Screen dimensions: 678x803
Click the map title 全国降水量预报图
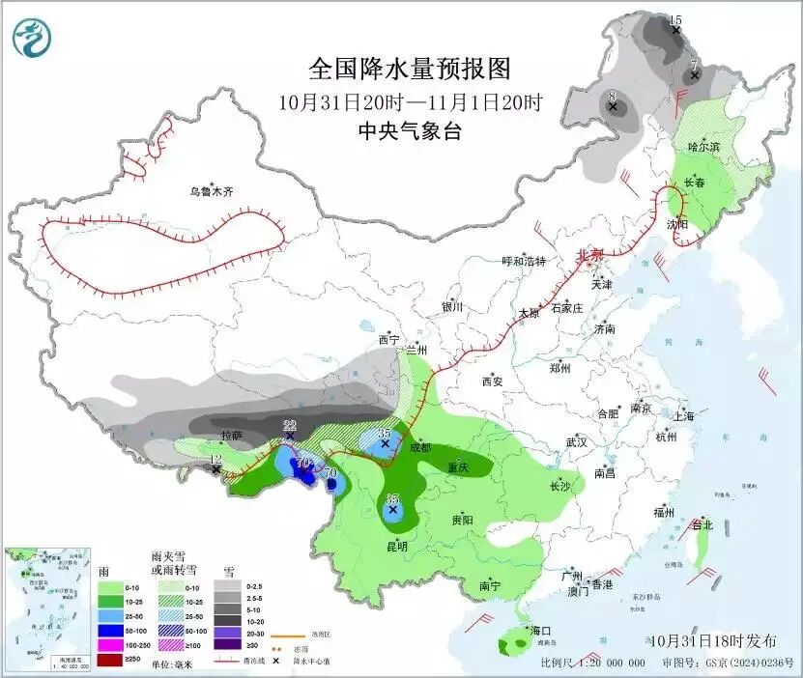click(x=409, y=70)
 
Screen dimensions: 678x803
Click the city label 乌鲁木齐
click(x=211, y=192)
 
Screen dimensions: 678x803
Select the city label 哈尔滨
click(x=703, y=146)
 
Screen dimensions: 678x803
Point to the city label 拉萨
click(x=232, y=436)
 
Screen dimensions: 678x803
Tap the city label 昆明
click(x=396, y=546)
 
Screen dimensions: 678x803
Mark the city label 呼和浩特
click(x=524, y=261)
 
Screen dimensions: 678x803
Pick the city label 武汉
click(x=577, y=441)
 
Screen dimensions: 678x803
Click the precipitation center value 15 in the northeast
click(x=675, y=20)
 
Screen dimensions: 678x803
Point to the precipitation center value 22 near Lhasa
click(x=289, y=425)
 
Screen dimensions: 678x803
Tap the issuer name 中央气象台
click(x=409, y=131)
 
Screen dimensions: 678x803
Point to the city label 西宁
click(x=388, y=340)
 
